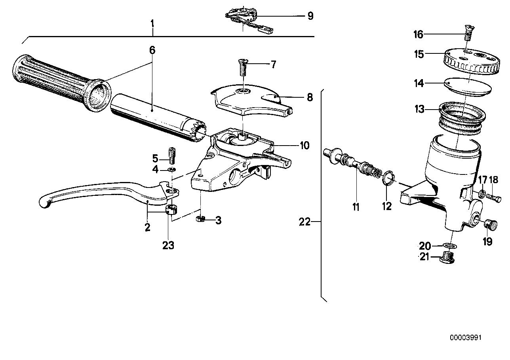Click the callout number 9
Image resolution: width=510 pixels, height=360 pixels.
point(310,16)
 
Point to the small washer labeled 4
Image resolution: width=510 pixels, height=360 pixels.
point(172,170)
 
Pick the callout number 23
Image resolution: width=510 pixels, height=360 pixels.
point(168,245)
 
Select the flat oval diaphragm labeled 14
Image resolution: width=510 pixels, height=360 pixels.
point(468,85)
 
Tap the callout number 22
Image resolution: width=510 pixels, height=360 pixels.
point(305,222)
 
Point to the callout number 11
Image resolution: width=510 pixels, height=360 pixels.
point(356,206)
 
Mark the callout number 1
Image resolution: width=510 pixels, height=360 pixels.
point(152,23)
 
